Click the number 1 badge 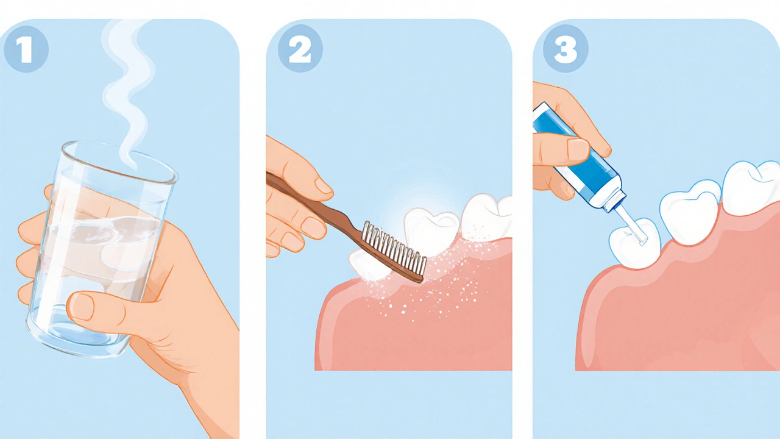[26, 49]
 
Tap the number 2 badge [300, 49]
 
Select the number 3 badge [565, 49]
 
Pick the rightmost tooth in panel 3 [752, 188]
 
